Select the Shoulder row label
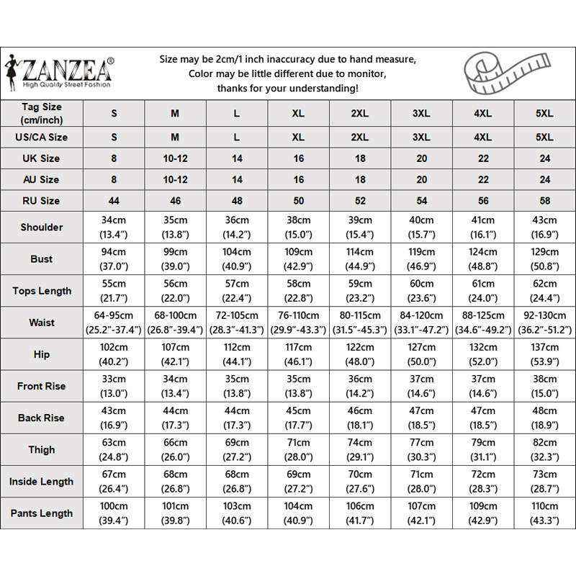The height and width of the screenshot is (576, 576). pyautogui.click(x=42, y=227)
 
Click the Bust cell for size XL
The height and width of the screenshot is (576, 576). pyautogui.click(x=299, y=258)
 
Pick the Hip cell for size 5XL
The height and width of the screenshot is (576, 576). pyautogui.click(x=545, y=354)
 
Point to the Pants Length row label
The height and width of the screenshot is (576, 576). pyautogui.click(x=42, y=513)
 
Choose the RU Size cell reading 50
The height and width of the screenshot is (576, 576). pyautogui.click(x=299, y=200)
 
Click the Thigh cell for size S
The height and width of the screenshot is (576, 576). pyautogui.click(x=114, y=449)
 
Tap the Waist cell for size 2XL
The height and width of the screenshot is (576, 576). pyautogui.click(x=360, y=323)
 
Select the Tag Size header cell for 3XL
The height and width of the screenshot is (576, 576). pyautogui.click(x=421, y=114)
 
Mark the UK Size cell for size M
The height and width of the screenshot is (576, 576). pyautogui.click(x=175, y=158)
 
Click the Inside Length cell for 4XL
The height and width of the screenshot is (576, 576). pyautogui.click(x=483, y=482)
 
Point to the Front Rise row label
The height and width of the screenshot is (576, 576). pyautogui.click(x=42, y=386)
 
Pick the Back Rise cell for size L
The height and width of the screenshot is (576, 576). pyautogui.click(x=237, y=418)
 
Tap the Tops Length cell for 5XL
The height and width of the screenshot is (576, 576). pyautogui.click(x=545, y=291)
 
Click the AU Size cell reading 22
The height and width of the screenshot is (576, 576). pyautogui.click(x=483, y=179)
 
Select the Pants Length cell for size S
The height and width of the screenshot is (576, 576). pyautogui.click(x=114, y=513)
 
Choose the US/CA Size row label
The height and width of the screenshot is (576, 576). pyautogui.click(x=42, y=137)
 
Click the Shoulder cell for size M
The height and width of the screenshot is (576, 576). pyautogui.click(x=175, y=227)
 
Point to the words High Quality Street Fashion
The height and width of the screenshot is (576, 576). pyautogui.click(x=67, y=84)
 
